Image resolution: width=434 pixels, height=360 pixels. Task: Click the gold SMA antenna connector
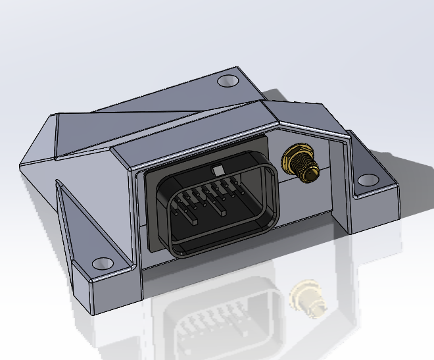pos(299,164)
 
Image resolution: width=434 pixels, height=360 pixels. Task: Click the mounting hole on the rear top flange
pos(228,81)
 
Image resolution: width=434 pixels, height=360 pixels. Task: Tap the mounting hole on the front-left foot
pos(103,263)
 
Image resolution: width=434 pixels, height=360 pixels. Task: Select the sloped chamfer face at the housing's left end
pos(39,141)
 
